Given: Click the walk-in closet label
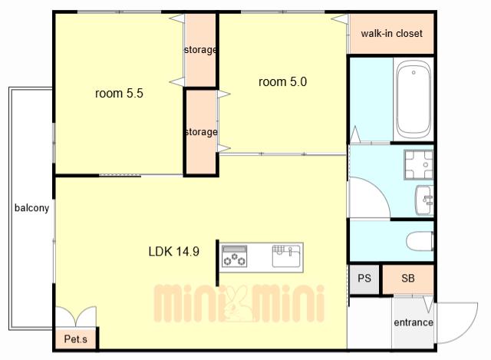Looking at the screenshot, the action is [x=391, y=33].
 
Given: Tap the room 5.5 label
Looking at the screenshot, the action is [x=119, y=93].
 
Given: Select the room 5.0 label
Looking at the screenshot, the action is [x=282, y=82].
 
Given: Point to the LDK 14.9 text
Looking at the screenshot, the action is [x=174, y=251].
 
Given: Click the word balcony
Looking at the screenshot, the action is [x=32, y=208].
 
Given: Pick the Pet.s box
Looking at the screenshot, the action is [x=76, y=339].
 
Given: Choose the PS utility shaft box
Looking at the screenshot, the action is [x=364, y=279].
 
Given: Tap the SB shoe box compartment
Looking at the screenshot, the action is [x=408, y=279].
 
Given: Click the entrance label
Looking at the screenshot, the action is [x=414, y=322].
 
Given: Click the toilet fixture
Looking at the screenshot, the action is [x=420, y=241].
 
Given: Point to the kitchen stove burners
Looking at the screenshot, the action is [x=234, y=256].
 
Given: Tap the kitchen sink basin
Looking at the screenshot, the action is [x=286, y=256].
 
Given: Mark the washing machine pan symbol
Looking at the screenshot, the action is [x=419, y=164].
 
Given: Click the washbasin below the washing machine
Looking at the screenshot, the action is [x=424, y=200].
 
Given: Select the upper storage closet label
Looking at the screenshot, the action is [x=200, y=50].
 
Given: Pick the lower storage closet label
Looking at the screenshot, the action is [x=201, y=132].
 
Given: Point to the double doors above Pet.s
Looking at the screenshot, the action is [x=76, y=315].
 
